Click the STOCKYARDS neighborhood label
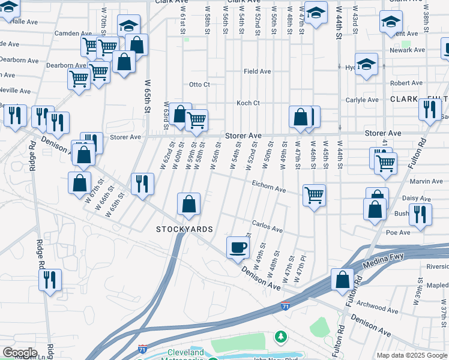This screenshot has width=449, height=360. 184,229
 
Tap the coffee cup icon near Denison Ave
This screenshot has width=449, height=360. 238,247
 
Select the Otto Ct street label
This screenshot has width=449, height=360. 199,85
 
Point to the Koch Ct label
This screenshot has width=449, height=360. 248,103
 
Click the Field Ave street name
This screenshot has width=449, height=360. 257,71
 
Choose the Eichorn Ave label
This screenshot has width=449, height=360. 268,188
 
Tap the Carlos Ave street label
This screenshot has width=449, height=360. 267,229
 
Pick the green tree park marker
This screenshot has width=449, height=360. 280,336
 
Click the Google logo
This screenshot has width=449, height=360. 20,353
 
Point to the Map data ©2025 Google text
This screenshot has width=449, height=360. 412,355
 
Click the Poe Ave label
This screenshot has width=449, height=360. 398,232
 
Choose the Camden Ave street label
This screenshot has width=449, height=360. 73,34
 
